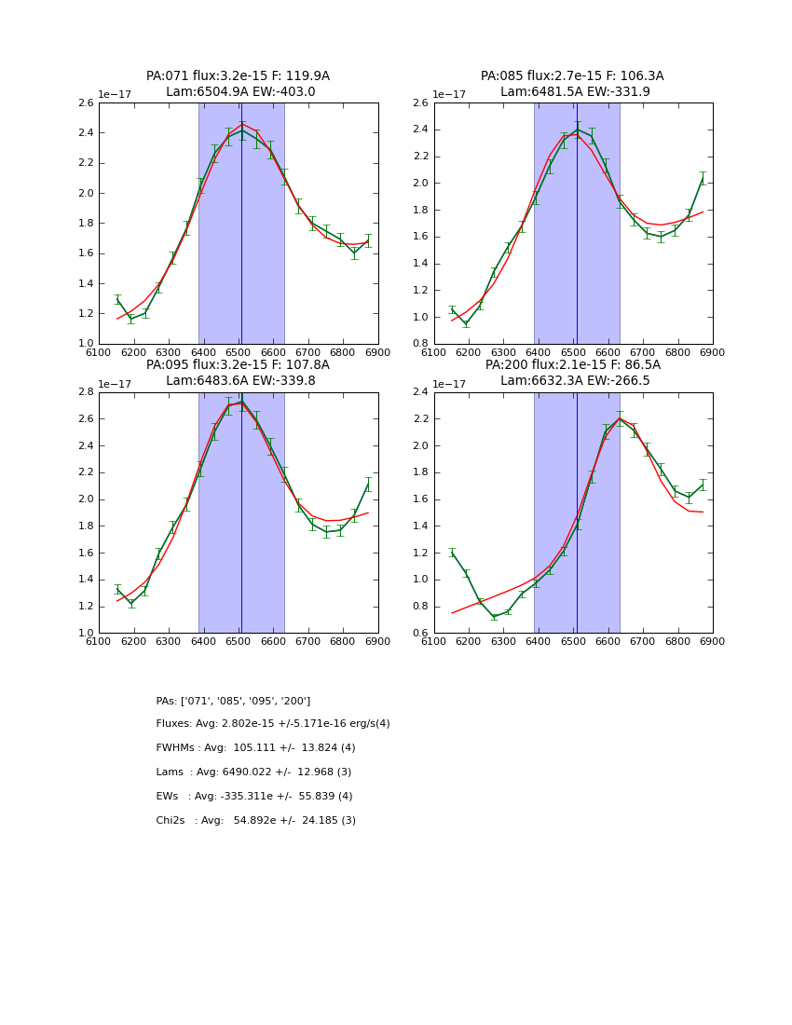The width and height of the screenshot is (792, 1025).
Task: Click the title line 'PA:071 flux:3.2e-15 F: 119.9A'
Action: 238,76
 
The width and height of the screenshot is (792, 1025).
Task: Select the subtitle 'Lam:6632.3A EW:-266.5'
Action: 572,380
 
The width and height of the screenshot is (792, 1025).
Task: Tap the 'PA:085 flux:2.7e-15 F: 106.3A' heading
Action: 572,76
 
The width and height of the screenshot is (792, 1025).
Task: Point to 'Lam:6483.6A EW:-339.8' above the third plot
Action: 238,380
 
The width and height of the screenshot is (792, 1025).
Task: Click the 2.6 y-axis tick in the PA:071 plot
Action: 86,103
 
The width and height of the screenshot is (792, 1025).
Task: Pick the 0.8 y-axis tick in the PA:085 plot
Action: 421,344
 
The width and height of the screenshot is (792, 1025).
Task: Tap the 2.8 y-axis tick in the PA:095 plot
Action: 86,392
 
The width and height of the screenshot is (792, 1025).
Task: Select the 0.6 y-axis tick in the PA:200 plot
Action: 421,633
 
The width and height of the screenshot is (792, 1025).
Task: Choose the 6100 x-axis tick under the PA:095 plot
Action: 99,641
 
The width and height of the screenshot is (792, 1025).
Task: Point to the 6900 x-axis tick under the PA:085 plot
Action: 713,352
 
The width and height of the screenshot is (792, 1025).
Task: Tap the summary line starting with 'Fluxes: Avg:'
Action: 273,724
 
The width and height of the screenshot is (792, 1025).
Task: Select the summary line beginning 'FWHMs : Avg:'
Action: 255,748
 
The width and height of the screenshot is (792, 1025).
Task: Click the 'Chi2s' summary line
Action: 255,821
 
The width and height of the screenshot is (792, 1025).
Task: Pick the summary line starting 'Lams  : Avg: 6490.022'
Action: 253,772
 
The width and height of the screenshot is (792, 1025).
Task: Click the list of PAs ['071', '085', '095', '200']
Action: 233,701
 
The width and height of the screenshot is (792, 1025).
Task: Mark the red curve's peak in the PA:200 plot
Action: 620,417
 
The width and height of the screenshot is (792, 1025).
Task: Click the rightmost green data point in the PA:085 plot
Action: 703,180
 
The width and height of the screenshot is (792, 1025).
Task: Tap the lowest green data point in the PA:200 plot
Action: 494,617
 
